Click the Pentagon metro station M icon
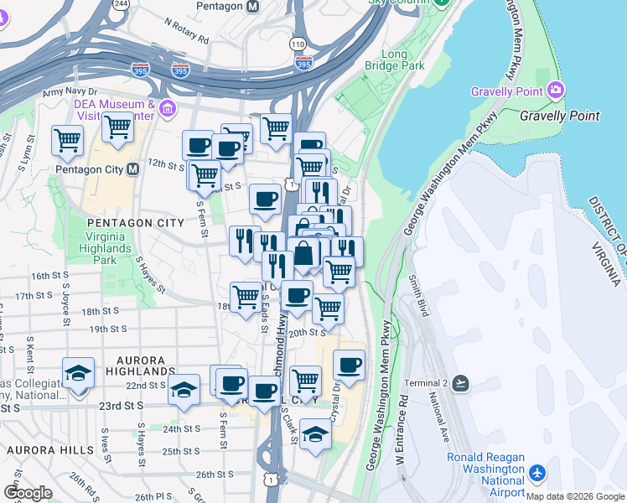coord(252,6)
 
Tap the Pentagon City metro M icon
coord(132,169)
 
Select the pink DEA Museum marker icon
coord(168,108)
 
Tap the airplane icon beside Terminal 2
coord(459,383)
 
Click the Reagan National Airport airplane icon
coord(537,474)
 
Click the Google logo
coord(28,492)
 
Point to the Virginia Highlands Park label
coord(105,249)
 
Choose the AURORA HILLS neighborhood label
coord(50,450)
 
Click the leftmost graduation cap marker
coord(78,372)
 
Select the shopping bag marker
coord(303,252)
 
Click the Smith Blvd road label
coord(419,295)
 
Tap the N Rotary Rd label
coord(186,31)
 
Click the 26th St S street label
coord(215,474)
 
